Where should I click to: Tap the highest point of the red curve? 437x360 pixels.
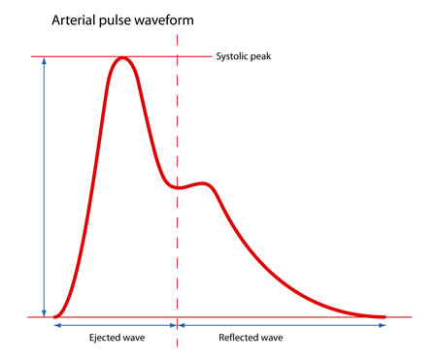[122, 58]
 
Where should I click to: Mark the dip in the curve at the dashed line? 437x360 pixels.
[177, 186]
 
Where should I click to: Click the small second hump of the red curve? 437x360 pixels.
[202, 182]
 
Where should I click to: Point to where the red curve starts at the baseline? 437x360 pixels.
[55, 316]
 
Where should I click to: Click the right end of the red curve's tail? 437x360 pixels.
[385, 316]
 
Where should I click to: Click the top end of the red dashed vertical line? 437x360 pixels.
[177, 34]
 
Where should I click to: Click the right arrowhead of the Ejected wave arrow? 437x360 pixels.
[173, 326]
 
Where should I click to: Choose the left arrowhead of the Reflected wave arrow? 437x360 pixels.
[182, 326]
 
